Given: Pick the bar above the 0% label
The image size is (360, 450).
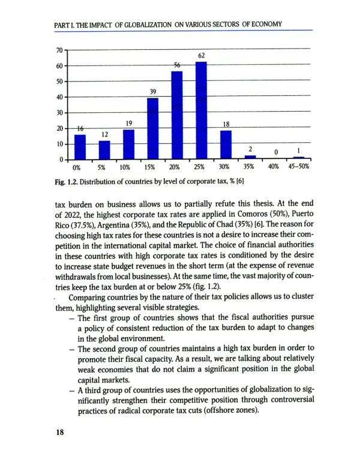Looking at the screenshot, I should point(80,147).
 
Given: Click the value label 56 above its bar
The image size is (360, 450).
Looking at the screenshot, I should point(177,65).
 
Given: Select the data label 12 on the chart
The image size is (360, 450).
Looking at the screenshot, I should point(104,134).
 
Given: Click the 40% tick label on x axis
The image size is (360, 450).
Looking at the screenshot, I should point(274,167).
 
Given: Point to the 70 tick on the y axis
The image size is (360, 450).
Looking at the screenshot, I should point(59,50).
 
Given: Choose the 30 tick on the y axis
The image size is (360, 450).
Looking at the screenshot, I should point(59,113).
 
